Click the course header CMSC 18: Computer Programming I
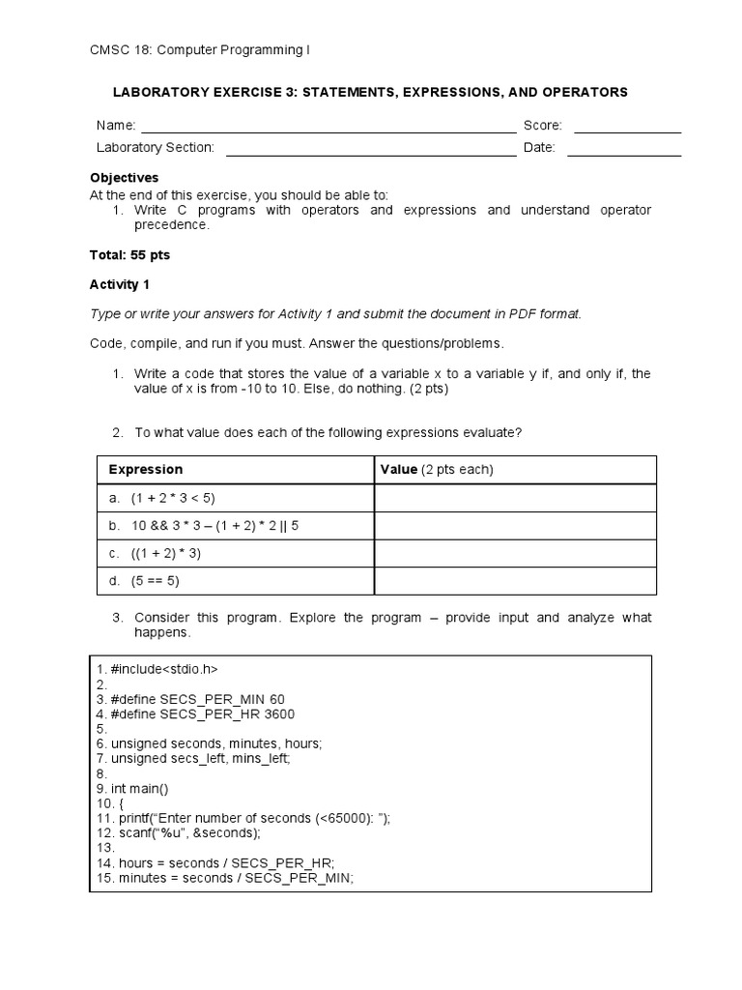200,49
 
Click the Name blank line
328,130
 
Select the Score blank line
628,130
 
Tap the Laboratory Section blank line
371,153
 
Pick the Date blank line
624,153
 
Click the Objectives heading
125,178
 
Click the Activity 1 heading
121,284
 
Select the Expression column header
145,470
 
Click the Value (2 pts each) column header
437,470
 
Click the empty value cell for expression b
515,526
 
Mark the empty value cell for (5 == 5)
515,581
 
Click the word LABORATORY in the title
163,93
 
